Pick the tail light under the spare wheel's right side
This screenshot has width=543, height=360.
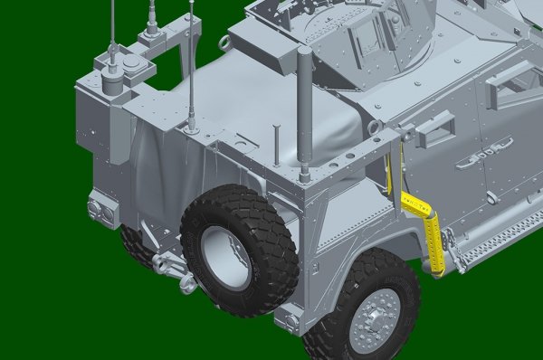click(x=289, y=317)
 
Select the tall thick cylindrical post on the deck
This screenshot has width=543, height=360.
click(x=305, y=113)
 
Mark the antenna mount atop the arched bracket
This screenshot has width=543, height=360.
click(x=150, y=37)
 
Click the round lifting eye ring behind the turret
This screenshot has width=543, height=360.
click(x=223, y=43)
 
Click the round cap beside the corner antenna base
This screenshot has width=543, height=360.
click(x=132, y=65)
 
